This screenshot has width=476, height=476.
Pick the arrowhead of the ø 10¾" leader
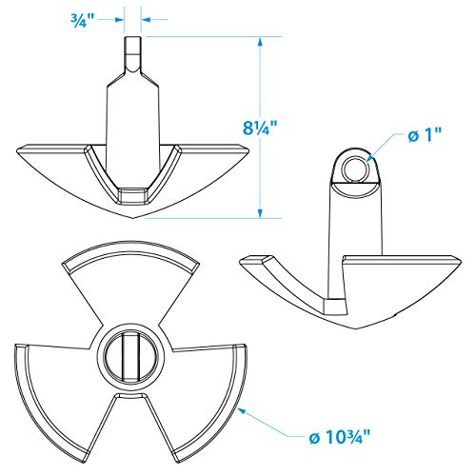point(247,407)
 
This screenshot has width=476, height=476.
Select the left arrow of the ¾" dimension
point(120,18)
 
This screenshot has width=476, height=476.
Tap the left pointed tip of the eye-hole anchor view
point(239,256)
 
